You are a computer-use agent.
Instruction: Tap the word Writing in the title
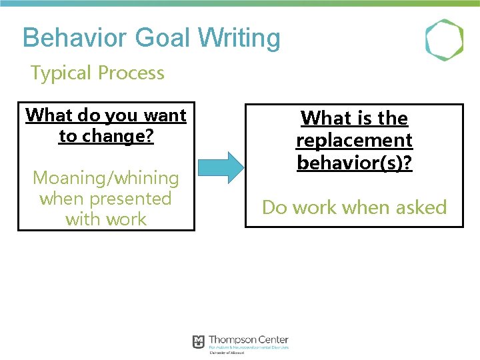point(241,38)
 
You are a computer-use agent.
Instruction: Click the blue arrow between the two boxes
point(222,167)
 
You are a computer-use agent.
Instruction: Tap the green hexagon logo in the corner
point(444,40)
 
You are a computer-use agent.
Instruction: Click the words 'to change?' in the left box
point(106,136)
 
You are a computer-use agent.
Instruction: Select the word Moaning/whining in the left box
point(106,178)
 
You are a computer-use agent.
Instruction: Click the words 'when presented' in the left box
point(106,199)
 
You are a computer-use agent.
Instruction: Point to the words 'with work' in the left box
point(106,219)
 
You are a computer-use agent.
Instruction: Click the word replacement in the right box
point(354,141)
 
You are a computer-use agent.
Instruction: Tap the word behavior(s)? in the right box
point(354,163)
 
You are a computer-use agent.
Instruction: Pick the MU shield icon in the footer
point(198,342)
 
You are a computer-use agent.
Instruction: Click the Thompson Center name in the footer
point(248,340)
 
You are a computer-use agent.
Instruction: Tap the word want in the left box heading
point(165,115)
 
